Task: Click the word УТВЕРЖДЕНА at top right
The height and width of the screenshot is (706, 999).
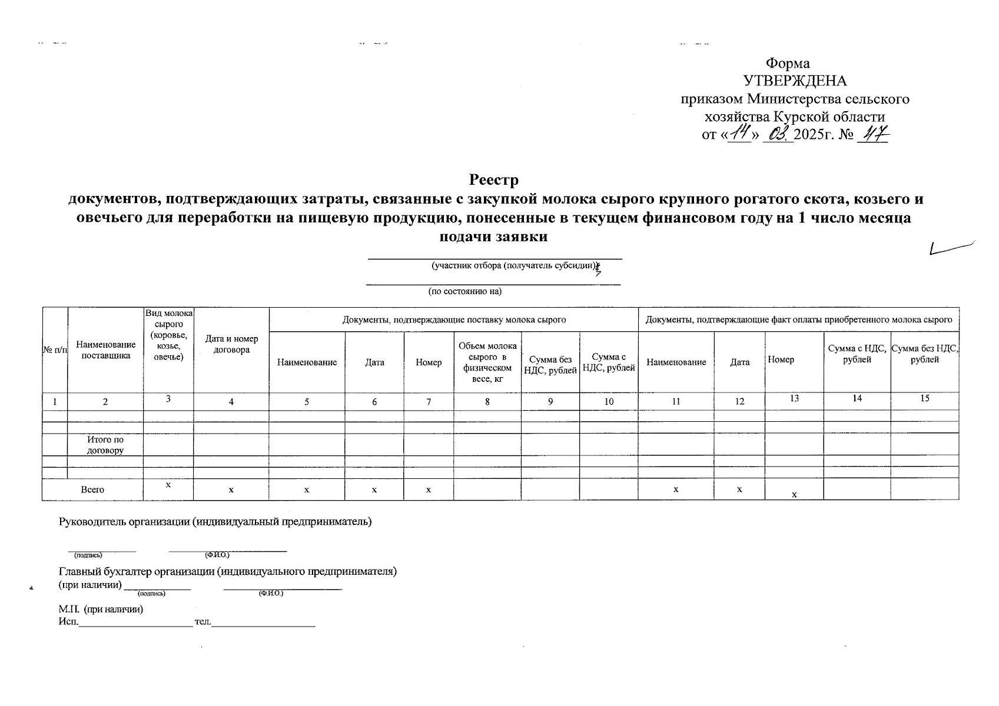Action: click(x=795, y=81)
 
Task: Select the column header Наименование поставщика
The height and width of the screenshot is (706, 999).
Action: click(x=106, y=350)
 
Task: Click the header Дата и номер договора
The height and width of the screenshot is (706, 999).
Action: click(x=231, y=344)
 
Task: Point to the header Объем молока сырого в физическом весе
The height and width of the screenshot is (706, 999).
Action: click(x=487, y=362)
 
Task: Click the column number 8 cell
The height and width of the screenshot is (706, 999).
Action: click(x=487, y=401)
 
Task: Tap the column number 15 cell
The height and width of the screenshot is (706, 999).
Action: click(x=924, y=398)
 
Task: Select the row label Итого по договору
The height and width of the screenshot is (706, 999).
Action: click(x=105, y=445)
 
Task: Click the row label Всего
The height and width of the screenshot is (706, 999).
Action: click(x=92, y=489)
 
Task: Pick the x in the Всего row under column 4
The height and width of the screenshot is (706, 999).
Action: click(x=231, y=489)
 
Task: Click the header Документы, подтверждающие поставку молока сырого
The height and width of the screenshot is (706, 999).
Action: click(x=454, y=319)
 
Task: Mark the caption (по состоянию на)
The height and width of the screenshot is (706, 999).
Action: click(x=464, y=291)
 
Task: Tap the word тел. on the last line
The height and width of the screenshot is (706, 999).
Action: click(x=202, y=622)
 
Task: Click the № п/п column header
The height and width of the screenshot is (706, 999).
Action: click(x=55, y=350)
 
